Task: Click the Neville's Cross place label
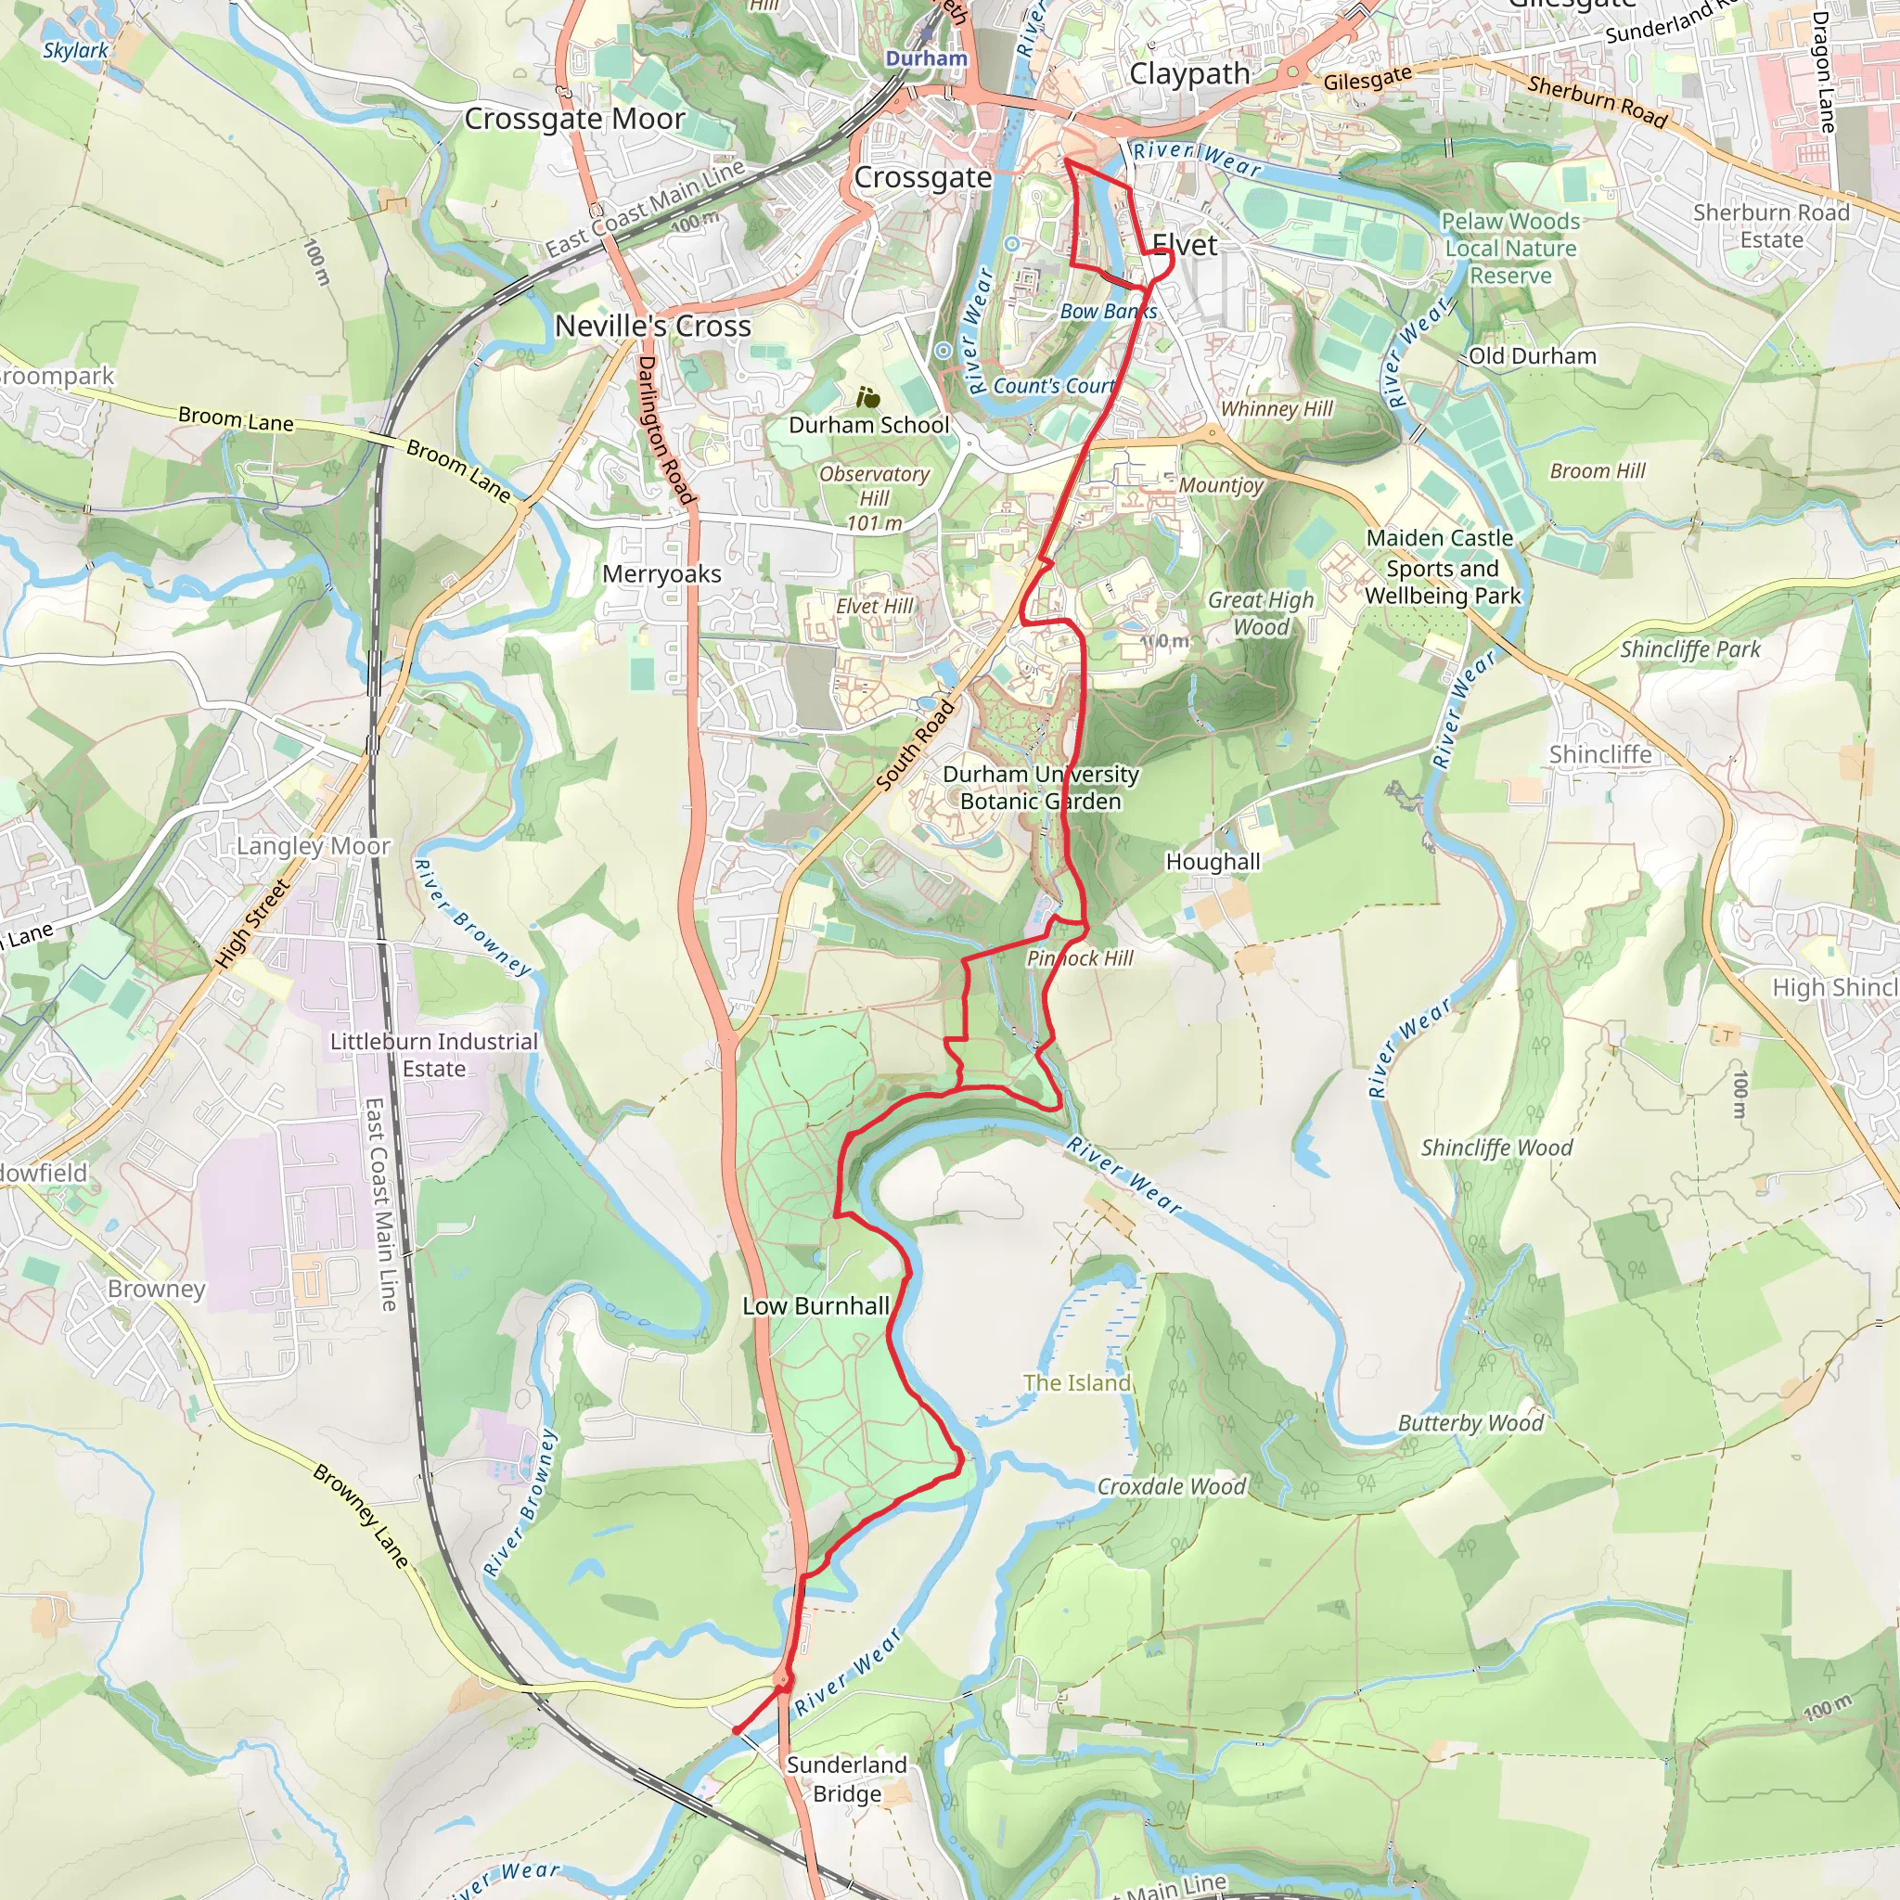click(652, 327)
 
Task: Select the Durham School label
click(868, 425)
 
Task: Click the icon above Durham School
click(867, 397)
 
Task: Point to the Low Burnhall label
click(815, 1306)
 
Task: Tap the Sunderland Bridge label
click(847, 1779)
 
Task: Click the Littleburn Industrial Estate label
click(433, 1054)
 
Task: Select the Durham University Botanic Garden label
click(1041, 788)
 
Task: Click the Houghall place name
click(1212, 862)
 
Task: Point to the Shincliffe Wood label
click(1496, 1148)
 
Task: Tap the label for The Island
click(1076, 1382)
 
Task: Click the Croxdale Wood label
click(1170, 1486)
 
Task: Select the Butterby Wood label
click(1470, 1423)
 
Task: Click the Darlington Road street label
click(666, 430)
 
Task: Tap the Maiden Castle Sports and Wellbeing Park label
click(1442, 567)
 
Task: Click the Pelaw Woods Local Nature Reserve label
click(1509, 249)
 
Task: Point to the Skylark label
click(76, 50)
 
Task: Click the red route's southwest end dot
click(736, 1731)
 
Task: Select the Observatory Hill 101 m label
click(873, 498)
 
